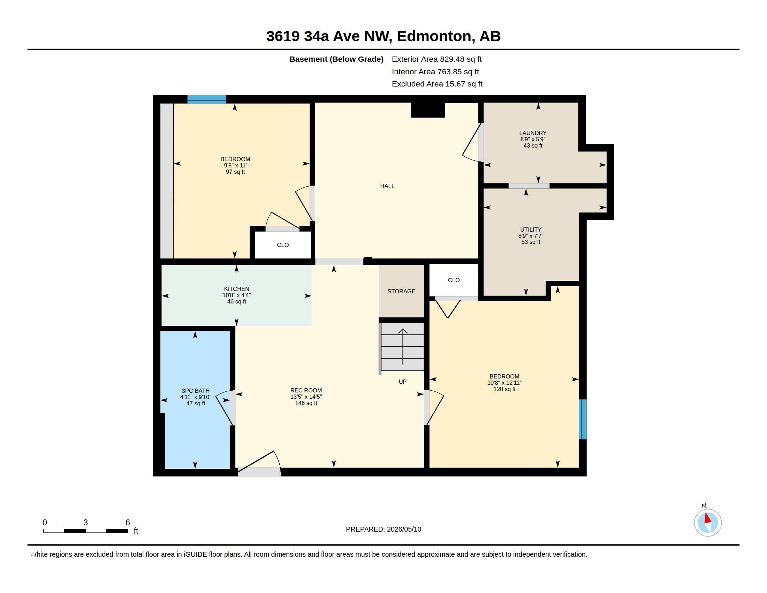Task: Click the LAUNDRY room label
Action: tap(533, 133)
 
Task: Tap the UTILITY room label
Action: tap(531, 230)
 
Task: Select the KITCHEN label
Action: tap(236, 289)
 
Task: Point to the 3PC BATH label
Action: tap(196, 391)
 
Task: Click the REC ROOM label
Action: tap(306, 390)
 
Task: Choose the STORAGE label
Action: tap(401, 291)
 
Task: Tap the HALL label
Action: tap(387, 186)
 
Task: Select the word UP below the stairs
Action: tap(402, 382)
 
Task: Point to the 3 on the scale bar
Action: tap(85, 523)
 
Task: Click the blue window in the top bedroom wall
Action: tap(206, 99)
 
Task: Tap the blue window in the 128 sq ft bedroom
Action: tap(583, 419)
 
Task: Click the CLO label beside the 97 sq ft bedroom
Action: tap(283, 245)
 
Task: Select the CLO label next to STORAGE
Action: tap(454, 280)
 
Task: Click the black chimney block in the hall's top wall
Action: tap(428, 108)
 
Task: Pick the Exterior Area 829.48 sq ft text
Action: tap(436, 59)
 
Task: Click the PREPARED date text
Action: tap(383, 529)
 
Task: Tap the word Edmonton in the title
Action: tap(434, 36)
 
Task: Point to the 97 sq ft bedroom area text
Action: tap(235, 172)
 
